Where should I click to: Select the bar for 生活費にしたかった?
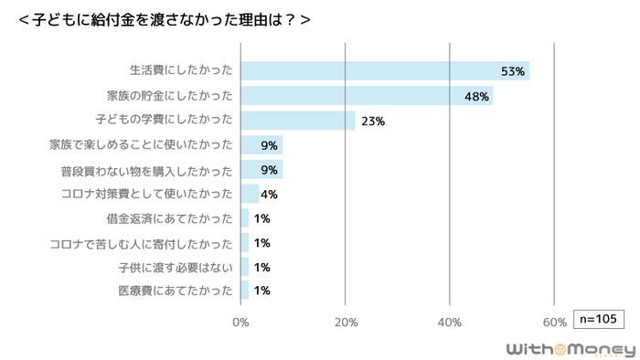point(384,71)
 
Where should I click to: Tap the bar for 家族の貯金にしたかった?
point(366,96)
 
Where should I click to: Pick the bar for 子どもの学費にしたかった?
point(297,121)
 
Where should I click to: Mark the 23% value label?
point(373,121)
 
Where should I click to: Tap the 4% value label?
point(269,194)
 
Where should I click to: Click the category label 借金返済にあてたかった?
point(170,218)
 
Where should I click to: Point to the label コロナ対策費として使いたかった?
point(146,194)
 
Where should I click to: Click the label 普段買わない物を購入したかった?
point(146,169)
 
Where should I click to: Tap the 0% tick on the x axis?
point(240,322)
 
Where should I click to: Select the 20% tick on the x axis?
point(345,322)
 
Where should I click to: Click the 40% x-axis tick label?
point(450,322)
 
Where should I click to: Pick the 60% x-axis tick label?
point(554,322)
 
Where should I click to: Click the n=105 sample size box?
point(598,319)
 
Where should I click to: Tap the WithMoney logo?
point(571,348)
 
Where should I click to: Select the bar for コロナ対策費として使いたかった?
point(250,194)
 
